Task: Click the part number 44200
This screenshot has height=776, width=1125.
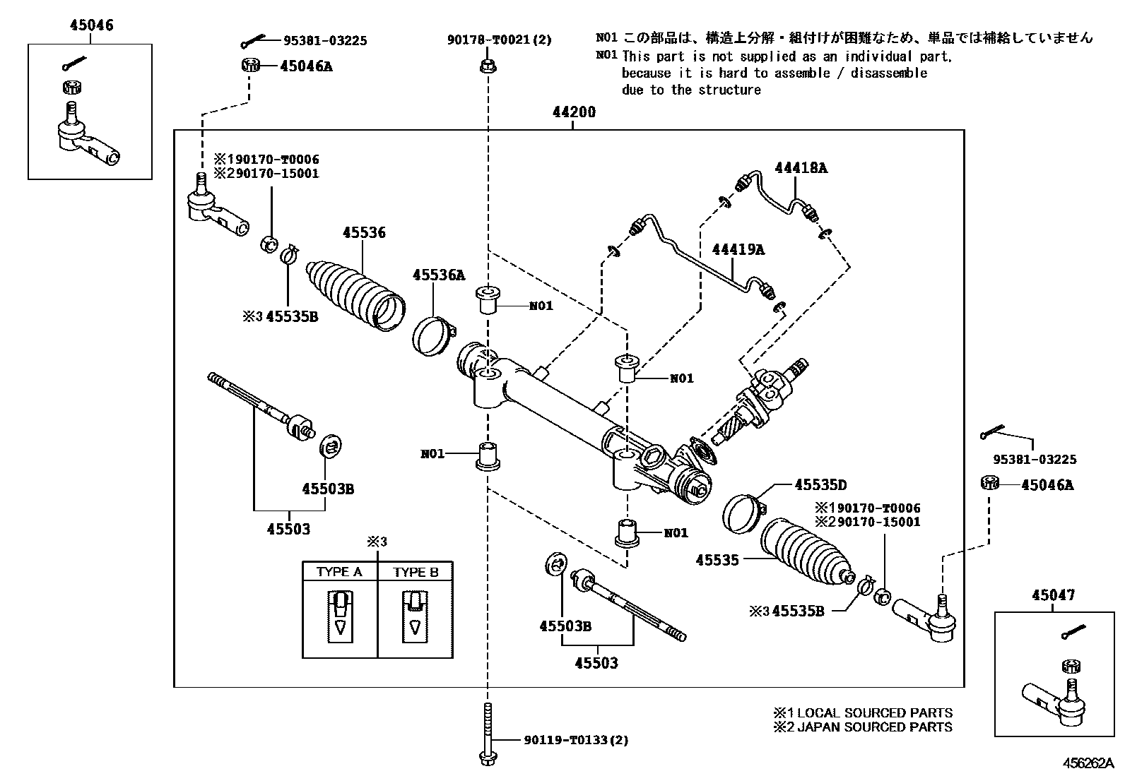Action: [573, 112]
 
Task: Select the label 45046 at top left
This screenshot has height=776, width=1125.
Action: [91, 25]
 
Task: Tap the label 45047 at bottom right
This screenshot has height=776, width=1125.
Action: [1052, 595]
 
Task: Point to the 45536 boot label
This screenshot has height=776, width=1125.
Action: [364, 232]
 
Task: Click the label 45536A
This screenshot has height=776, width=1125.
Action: [439, 275]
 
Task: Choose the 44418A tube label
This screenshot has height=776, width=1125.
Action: [800, 168]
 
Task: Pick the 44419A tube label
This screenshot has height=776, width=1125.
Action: [738, 249]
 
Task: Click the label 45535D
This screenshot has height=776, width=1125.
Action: [820, 484]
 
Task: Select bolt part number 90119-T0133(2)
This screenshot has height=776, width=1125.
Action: [575, 740]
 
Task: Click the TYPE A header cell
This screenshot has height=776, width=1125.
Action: [339, 572]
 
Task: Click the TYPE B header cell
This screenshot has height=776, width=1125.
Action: [416, 572]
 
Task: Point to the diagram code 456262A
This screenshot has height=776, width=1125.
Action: [1089, 764]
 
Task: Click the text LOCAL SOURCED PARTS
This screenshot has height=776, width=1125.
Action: [874, 713]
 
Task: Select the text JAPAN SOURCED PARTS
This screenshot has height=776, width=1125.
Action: [874, 727]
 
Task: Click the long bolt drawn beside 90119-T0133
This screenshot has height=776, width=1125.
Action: [487, 734]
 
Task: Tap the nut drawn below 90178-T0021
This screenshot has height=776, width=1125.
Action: [487, 66]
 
